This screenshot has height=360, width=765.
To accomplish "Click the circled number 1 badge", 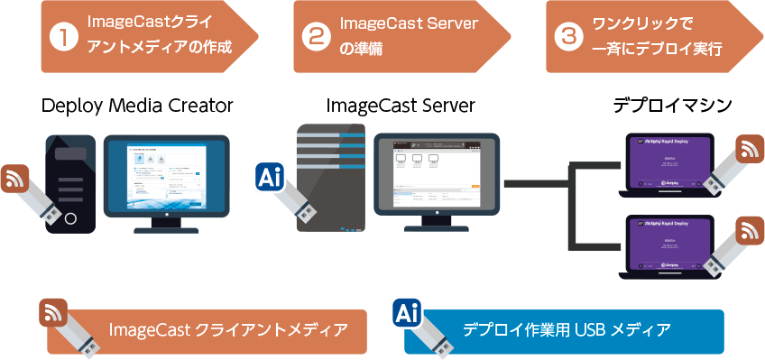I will [x=61, y=38].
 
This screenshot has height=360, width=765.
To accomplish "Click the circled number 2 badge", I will [x=315, y=38].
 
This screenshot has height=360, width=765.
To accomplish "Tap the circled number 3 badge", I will [x=567, y=38].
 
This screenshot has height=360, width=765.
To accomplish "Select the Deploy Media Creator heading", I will [x=138, y=106].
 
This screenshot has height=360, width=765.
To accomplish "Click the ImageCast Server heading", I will [x=401, y=106].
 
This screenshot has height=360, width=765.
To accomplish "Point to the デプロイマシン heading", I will [x=672, y=106].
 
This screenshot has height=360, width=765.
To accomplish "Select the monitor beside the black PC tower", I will [x=166, y=177].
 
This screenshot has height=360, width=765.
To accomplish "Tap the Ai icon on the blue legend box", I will [x=407, y=314].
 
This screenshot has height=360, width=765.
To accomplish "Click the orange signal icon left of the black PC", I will [x=15, y=179].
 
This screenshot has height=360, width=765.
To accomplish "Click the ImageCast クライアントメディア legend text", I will [x=227, y=330].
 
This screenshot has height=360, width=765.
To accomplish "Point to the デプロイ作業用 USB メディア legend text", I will [x=567, y=330].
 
